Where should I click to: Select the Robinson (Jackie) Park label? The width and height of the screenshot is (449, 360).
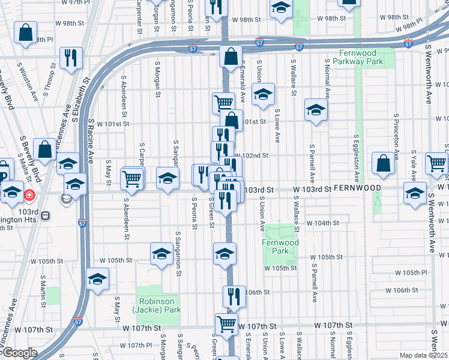tap(159, 305)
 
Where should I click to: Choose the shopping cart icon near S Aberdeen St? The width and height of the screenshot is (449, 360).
tap(131, 178)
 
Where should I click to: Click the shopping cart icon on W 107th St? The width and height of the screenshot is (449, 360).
tap(226, 325)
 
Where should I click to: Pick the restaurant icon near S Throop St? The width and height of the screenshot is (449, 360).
tap(71, 58)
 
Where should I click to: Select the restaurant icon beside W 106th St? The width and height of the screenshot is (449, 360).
tap(234, 296)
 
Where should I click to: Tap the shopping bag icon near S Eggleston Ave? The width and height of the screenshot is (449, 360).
tap(383, 163)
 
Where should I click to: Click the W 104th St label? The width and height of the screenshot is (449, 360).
tap(323, 223)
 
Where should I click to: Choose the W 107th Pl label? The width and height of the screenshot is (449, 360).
tap(136, 346)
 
